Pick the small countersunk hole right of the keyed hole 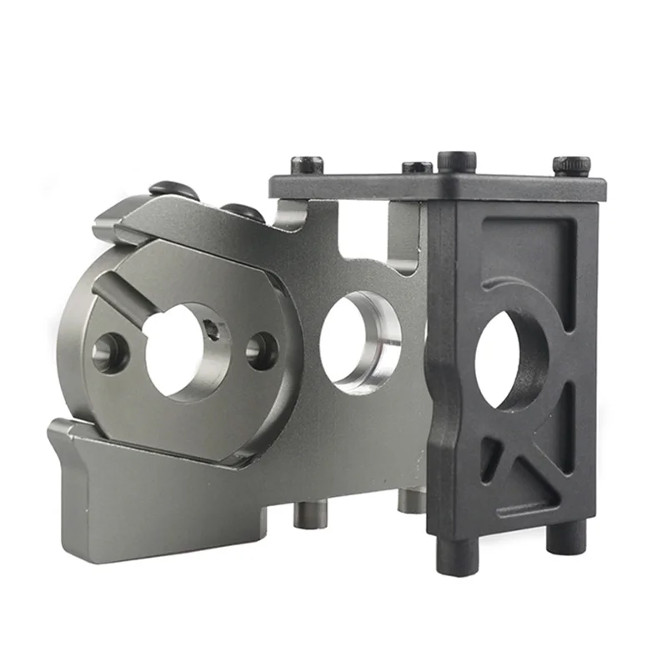(x=262, y=350)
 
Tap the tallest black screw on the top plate (x=456, y=161)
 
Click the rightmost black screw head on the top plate (x=571, y=166)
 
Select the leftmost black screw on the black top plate (x=306, y=164)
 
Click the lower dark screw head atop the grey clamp (x=243, y=213)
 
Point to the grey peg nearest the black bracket (x=411, y=500)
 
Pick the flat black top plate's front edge (x=434, y=188)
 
